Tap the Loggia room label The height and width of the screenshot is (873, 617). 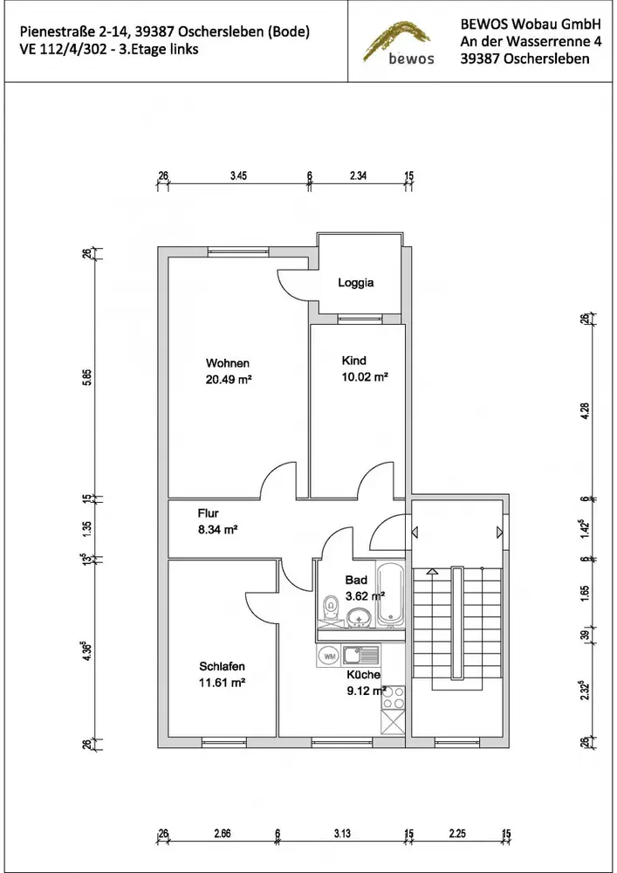point(355,283)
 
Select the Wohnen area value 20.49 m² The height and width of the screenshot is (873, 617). point(229,380)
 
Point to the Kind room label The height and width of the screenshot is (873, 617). point(353,361)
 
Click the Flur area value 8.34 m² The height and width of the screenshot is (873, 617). point(217,530)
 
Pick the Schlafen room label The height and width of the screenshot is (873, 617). point(222,666)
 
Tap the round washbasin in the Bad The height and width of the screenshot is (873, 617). point(360,617)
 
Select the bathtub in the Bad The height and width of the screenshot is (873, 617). point(391,594)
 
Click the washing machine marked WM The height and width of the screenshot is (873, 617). point(329,656)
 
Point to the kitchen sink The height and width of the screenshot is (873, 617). point(360,656)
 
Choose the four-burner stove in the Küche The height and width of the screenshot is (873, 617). point(393,698)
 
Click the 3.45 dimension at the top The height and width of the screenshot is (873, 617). point(238,176)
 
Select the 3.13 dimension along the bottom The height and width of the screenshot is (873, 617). point(342,834)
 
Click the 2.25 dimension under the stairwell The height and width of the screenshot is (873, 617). point(457,834)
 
